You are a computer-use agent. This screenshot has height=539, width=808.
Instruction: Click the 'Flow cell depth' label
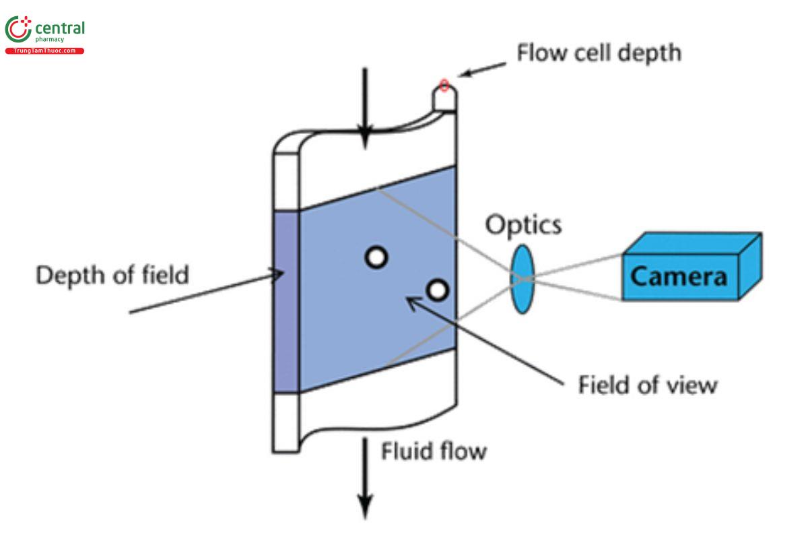[599, 52]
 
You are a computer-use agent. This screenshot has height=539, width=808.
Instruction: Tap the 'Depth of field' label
[112, 275]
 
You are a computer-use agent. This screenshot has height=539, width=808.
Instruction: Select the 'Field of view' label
[648, 385]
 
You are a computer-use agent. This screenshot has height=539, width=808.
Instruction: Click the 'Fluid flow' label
[434, 450]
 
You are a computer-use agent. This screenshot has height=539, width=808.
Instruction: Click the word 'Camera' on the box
[679, 276]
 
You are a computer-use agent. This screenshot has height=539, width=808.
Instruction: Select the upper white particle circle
[376, 257]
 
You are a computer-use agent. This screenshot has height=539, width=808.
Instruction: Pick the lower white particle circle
[437, 290]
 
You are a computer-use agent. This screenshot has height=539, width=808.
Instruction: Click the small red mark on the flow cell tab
[444, 85]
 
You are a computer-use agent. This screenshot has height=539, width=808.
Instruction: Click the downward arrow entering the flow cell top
[364, 108]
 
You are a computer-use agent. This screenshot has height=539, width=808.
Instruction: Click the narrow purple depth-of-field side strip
[286, 302]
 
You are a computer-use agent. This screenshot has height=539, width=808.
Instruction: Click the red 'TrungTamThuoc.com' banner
[45, 51]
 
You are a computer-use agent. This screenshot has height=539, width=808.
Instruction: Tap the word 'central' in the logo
[60, 29]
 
